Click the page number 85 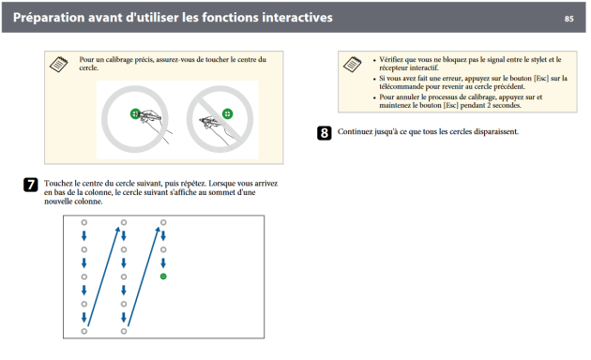pos(568,19)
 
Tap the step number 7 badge pos(31,185)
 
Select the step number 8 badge pos(325,133)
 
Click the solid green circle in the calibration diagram pos(163,277)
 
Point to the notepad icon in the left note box pos(59,64)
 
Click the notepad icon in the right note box pos(353,64)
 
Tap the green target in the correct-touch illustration pos(135,113)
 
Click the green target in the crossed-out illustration pos(227,113)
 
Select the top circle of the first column pos(84,222)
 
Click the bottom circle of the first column pos(84,331)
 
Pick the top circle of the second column pos(124,222)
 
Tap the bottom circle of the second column pos(124,331)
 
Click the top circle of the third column pos(163,222)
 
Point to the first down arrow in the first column pos(84,236)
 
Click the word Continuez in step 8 pos(354,131)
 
